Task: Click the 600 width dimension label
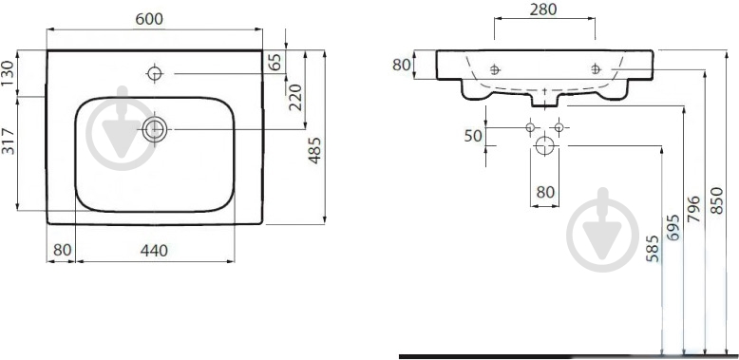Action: click(x=149, y=19)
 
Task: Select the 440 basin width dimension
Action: click(x=154, y=250)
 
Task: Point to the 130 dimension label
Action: click(x=8, y=72)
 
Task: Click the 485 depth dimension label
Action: click(x=314, y=150)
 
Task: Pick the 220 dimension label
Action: click(x=295, y=97)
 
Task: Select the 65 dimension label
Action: click(x=275, y=62)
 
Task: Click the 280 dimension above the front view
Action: click(x=543, y=9)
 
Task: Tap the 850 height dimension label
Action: click(x=716, y=200)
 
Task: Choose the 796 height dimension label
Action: click(x=693, y=210)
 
